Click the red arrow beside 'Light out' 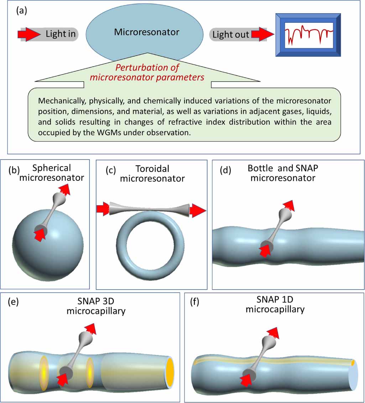click(262, 34)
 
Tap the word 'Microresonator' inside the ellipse click(147, 32)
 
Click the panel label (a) click(22, 11)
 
